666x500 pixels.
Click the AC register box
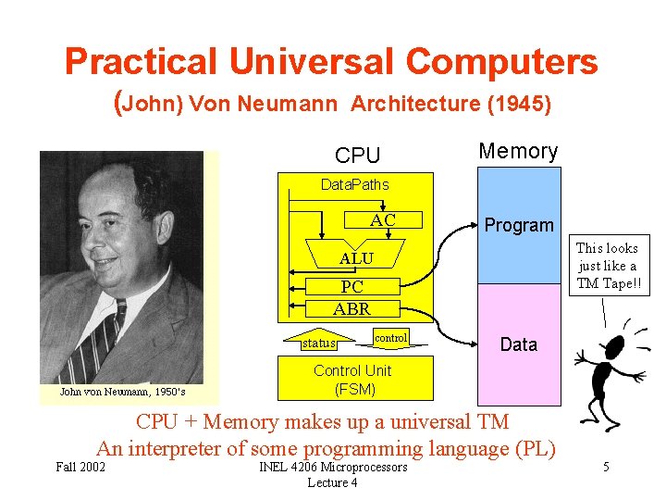(x=382, y=220)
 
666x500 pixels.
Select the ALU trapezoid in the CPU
(x=356, y=258)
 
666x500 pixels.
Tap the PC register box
(x=352, y=288)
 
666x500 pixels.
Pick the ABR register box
(x=351, y=308)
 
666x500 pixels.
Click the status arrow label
(x=319, y=343)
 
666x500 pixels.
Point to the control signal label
(x=390, y=338)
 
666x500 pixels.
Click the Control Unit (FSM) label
(x=351, y=380)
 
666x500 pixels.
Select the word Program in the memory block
(x=519, y=225)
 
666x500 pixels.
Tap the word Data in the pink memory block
(x=518, y=344)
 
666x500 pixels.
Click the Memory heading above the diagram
(x=518, y=151)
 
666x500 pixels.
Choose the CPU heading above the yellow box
(x=358, y=156)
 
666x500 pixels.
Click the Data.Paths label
(x=354, y=185)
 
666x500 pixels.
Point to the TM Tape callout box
(x=607, y=266)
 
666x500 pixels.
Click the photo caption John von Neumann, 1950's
(x=122, y=392)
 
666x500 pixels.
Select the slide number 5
(x=606, y=467)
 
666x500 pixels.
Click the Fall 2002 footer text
(x=80, y=467)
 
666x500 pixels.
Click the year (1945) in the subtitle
(x=519, y=104)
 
